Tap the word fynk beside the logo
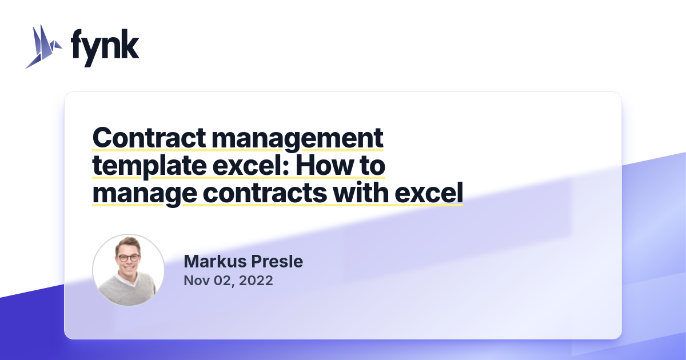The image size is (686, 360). click(105, 47)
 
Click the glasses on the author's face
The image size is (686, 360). click(128, 258)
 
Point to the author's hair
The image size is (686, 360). click(128, 243)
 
